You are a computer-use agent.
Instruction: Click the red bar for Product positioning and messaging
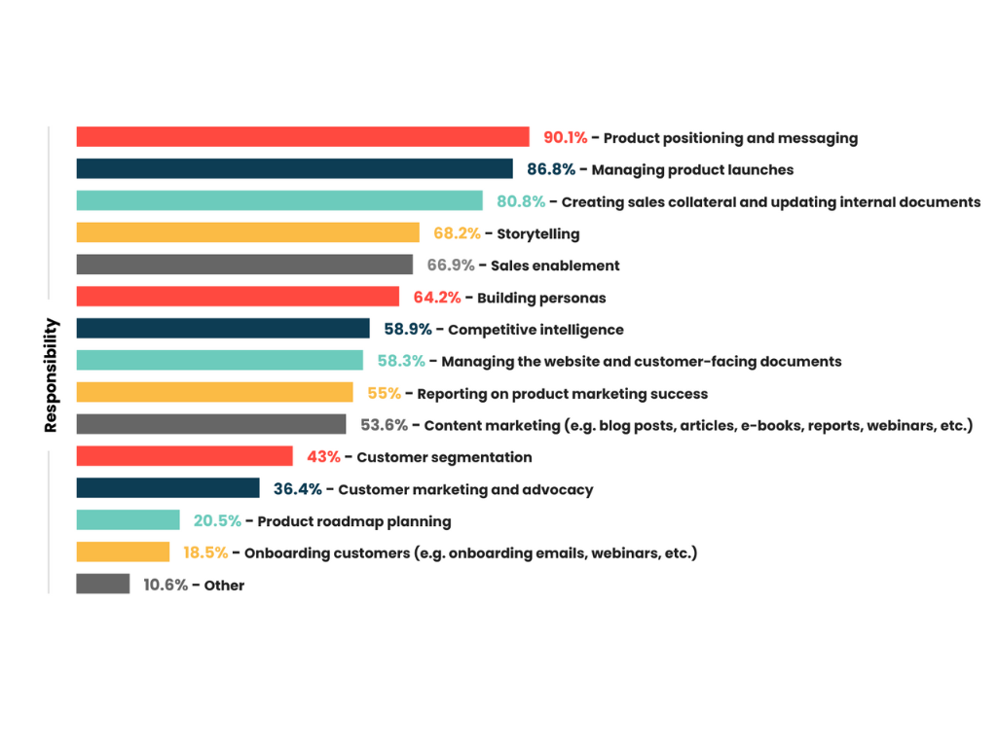[303, 137]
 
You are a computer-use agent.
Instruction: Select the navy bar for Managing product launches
[294, 169]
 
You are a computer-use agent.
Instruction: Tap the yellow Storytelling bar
[247, 233]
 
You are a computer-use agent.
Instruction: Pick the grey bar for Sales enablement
[244, 265]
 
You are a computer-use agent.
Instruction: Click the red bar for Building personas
[238, 297]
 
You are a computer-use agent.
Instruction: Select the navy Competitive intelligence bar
[223, 329]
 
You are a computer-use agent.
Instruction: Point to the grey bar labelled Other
[103, 585]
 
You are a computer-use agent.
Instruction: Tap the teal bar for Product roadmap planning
[128, 520]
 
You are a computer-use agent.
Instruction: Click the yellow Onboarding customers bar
[123, 552]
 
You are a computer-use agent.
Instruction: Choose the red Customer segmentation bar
[184, 456]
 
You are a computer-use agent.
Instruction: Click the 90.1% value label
[565, 138]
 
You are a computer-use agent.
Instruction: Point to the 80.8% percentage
[521, 202]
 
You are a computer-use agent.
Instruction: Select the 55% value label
[384, 393]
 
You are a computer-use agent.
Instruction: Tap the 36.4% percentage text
[297, 489]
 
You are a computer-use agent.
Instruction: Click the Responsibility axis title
[52, 375]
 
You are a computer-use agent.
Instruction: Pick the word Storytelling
[538, 234]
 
